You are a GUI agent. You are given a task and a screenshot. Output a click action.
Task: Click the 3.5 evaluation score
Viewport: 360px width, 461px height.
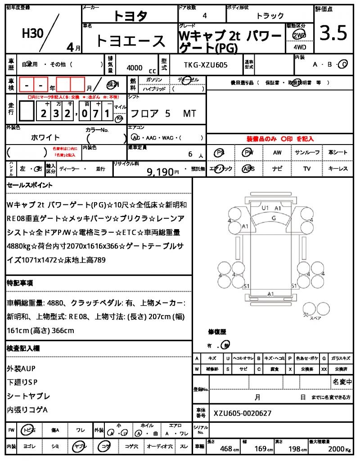(x=333, y=33)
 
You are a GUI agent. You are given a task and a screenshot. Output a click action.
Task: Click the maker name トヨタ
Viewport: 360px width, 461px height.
(x=130, y=16)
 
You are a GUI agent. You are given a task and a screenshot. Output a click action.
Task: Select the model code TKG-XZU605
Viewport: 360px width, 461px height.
(x=206, y=65)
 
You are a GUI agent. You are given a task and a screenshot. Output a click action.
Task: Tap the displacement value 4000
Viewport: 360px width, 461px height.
(x=135, y=68)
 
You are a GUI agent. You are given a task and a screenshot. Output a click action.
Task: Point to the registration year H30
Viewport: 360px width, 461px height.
(x=33, y=34)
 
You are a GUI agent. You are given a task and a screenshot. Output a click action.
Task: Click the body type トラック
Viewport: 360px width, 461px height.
(x=270, y=16)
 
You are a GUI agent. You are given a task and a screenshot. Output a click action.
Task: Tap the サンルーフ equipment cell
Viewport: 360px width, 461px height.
(x=307, y=153)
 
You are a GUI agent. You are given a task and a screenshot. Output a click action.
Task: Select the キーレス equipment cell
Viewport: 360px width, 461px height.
(x=338, y=169)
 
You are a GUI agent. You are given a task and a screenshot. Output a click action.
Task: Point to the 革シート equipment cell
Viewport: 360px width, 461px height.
(x=338, y=153)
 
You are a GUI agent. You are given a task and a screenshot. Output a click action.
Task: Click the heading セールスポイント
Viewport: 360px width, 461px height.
(x=30, y=185)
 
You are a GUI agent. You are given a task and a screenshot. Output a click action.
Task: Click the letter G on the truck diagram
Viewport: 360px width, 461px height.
(x=273, y=218)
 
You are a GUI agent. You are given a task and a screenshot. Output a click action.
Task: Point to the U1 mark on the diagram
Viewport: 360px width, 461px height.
(x=265, y=208)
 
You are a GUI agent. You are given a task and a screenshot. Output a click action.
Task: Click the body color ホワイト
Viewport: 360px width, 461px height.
(x=45, y=137)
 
